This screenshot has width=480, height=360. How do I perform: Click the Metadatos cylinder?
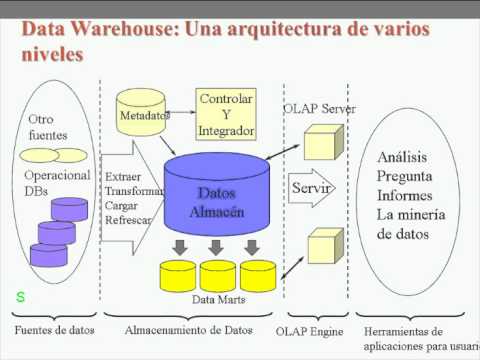[x=145, y=115]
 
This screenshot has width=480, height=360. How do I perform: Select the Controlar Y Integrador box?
[x=226, y=115]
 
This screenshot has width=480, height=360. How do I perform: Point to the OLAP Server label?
[x=320, y=108]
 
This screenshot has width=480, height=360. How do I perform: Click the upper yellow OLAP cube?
[x=324, y=143]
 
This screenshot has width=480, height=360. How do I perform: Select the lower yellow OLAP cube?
[x=323, y=246]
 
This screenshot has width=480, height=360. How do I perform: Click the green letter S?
[x=20, y=297]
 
